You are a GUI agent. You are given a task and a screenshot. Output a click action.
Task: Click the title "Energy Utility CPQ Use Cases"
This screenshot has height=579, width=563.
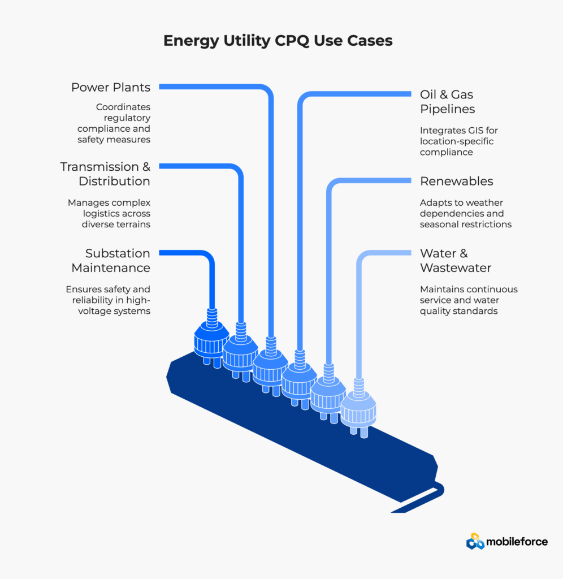(278, 41)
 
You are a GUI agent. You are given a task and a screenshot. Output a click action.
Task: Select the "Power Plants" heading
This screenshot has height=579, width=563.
(111, 87)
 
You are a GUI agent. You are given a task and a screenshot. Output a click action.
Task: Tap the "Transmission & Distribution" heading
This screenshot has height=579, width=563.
(105, 174)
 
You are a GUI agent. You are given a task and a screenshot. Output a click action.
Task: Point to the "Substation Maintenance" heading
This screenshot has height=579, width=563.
(118, 260)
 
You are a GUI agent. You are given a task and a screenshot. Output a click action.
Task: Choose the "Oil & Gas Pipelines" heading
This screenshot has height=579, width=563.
(447, 101)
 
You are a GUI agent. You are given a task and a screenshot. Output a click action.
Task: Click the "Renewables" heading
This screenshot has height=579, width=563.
(456, 181)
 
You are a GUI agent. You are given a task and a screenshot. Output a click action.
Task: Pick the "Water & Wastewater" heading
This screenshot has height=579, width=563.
(455, 260)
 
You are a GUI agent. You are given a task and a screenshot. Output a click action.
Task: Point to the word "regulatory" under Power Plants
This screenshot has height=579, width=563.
(127, 118)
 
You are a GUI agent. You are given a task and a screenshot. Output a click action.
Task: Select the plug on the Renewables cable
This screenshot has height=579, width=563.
(328, 394)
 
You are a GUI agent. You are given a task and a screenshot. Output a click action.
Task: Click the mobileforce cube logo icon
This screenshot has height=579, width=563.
(475, 541)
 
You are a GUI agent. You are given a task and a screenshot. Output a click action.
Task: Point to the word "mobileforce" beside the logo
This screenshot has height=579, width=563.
(517, 542)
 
